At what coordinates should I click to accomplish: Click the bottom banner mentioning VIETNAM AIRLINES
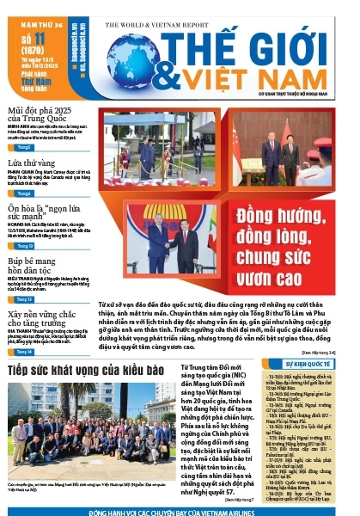click(180, 511)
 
